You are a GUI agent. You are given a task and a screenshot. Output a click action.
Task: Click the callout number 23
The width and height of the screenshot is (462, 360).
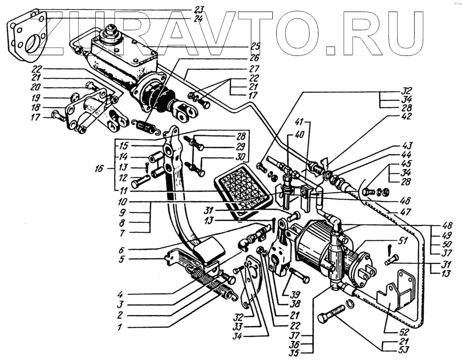[199, 9]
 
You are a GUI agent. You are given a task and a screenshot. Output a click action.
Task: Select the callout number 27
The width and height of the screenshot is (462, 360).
[254, 67]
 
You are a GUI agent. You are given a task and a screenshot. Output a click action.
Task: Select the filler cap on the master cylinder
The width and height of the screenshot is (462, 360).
[110, 34]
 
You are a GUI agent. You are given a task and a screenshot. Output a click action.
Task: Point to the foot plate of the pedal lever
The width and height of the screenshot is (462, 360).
[209, 250]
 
